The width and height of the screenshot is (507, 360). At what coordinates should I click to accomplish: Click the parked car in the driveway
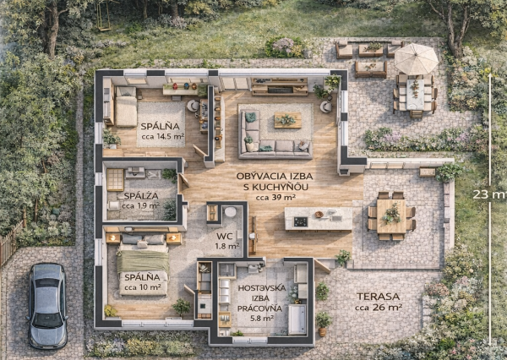pos(47,305)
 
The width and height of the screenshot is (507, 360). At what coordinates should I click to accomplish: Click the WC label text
pos(224,236)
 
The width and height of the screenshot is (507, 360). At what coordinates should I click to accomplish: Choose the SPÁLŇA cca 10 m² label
pos(142,282)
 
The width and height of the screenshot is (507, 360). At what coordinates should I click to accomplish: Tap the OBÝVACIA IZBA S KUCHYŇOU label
pos(265,180)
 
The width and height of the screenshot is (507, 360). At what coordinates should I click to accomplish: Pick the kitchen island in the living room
pos(319,219)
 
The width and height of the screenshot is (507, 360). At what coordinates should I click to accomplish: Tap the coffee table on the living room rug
pos(286,121)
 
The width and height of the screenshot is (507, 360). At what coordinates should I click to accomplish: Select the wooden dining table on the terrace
pos(391,214)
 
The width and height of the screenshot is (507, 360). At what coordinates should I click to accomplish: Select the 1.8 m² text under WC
pos(226,247)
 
